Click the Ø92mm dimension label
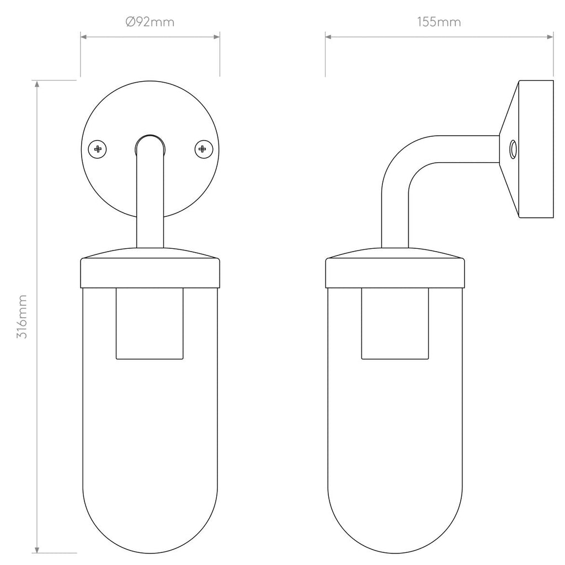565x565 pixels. (150, 22)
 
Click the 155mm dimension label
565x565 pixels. (439, 22)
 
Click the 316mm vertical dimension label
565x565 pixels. (22, 317)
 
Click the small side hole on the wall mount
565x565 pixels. (513, 148)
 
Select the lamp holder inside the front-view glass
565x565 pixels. (150, 323)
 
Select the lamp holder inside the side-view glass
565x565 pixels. (395, 323)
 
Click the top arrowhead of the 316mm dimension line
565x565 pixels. (37, 84)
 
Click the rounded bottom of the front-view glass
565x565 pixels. (150, 530)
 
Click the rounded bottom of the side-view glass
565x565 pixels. (395, 530)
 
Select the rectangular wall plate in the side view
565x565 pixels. (535, 148)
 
